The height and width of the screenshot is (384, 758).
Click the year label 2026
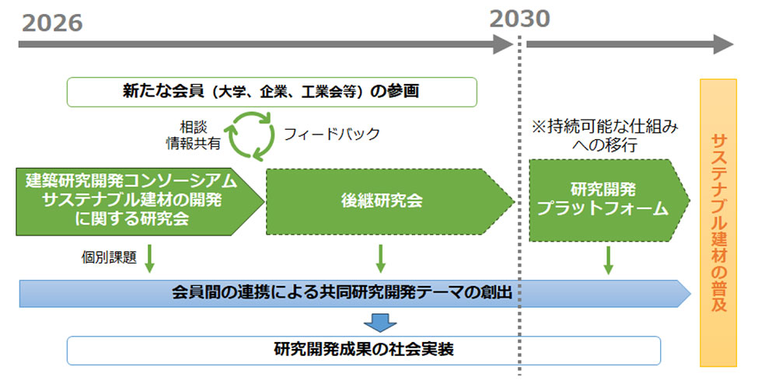pos(52,23)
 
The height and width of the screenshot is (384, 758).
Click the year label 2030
pos(519,19)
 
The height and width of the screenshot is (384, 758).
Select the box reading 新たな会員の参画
pos(271,92)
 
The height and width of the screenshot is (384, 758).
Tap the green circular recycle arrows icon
pos(251,136)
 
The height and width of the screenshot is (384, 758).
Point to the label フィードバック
pos(332,134)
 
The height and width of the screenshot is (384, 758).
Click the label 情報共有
pos(194,143)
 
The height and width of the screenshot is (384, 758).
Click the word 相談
pos(194,127)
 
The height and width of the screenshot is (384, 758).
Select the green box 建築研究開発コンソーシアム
pos(139,201)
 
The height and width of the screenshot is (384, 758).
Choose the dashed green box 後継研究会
pos(389,201)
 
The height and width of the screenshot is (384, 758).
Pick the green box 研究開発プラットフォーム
pos(609,200)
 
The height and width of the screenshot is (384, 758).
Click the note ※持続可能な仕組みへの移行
pos(605,136)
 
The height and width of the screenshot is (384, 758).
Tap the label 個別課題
pos(109,257)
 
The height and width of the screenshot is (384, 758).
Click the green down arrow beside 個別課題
pos(149,259)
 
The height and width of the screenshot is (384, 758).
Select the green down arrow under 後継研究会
pos(380,259)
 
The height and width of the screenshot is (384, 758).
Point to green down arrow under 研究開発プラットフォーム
pos(609,260)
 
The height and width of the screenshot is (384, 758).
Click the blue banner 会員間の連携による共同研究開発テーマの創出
pos(355,293)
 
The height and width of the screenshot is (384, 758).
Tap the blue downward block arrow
pos(380,323)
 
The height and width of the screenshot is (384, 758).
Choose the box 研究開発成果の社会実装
pos(364,350)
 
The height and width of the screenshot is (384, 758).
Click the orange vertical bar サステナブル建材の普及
pos(718,223)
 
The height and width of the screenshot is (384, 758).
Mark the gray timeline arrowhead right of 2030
pos(723,44)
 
